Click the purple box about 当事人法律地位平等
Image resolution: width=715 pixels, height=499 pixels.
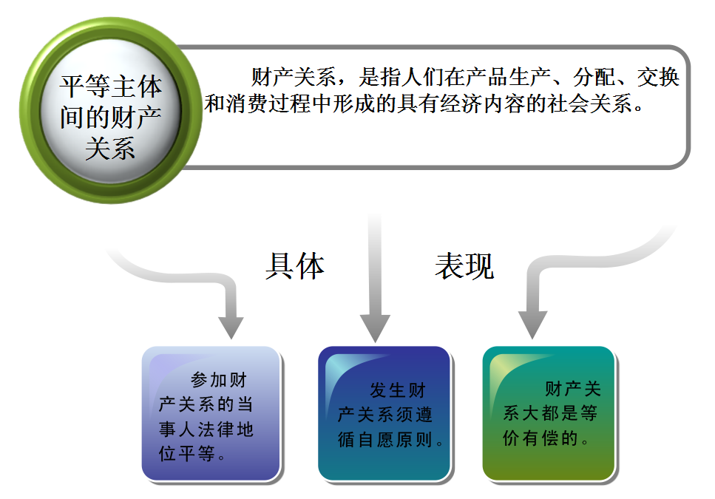click(x=211, y=414)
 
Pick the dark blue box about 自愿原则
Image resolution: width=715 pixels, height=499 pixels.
click(x=384, y=414)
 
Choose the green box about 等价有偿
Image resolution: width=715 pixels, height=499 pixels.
click(x=548, y=414)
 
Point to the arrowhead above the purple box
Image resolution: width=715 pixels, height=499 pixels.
click(x=231, y=325)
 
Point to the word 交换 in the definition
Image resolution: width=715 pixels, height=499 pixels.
click(x=659, y=77)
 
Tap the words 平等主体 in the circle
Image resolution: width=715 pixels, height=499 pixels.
click(x=110, y=87)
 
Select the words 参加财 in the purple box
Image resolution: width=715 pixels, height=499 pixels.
click(x=219, y=381)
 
